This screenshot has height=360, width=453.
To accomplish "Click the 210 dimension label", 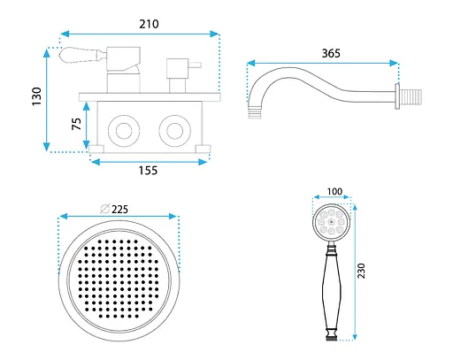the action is coord(149,24).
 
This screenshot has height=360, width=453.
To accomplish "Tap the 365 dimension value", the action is coord(331,53).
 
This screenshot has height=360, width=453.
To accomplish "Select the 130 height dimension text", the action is coord(37,96).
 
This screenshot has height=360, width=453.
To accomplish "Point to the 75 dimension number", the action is coord(76,124).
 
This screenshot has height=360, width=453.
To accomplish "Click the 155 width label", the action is coord(148,171).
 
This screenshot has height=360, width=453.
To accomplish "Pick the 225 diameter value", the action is coord(119,210).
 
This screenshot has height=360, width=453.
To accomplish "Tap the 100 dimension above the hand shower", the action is coord(334,191).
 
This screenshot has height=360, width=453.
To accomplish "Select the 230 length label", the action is coord(361,271).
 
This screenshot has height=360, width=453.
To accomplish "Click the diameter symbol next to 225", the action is coord(105,209).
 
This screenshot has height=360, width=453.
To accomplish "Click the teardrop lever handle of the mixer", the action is coord(80,55).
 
